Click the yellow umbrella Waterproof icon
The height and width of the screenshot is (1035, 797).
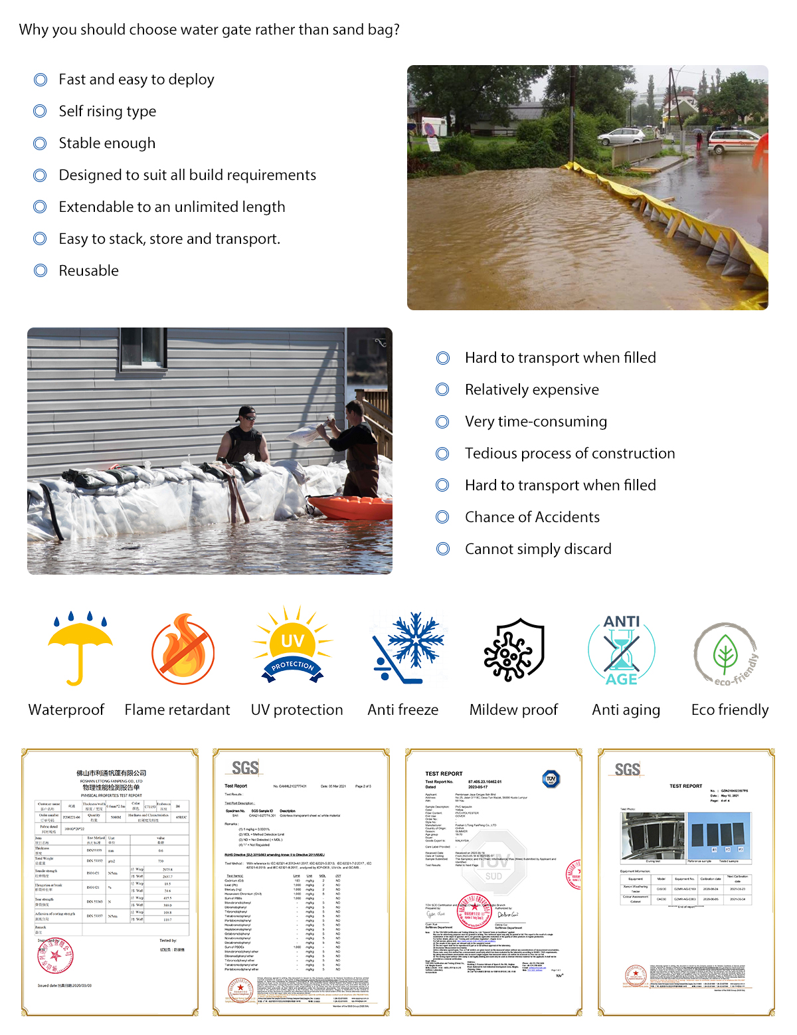(80, 648)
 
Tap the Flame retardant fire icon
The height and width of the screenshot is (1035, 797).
(183, 650)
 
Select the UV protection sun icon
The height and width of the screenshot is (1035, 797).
(292, 645)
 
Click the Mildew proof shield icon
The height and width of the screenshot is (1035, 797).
(514, 649)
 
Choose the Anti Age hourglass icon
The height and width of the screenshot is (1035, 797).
(622, 650)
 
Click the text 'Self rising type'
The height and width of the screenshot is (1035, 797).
(107, 112)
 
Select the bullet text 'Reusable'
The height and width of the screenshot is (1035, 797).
(88, 271)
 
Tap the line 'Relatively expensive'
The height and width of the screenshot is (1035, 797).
(531, 390)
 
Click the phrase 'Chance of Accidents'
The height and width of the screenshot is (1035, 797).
(532, 517)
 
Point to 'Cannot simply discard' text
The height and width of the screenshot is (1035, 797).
(538, 549)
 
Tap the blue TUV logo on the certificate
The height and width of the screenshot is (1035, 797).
(551, 779)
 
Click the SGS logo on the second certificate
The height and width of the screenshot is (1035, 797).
(245, 769)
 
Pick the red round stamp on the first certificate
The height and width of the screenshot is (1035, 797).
(56, 956)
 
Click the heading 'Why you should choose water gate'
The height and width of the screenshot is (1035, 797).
(209, 30)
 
